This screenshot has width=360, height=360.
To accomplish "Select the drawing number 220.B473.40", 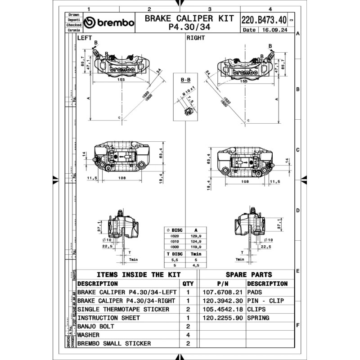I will pyautogui.click(x=264, y=20).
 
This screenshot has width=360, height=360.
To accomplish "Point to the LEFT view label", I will pyautogui.click(x=85, y=38).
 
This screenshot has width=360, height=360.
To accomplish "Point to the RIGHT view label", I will pyautogui.click(x=196, y=38).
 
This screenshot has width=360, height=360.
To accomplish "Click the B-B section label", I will pyautogui.click(x=185, y=80).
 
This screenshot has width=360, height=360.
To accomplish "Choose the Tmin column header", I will pyautogui.click(x=195, y=254).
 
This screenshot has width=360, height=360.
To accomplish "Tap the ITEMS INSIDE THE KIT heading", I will pyautogui.click(x=139, y=274).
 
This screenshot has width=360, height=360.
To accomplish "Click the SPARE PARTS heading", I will pyautogui.click(x=248, y=274).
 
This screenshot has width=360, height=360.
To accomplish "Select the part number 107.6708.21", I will pyautogui.click(x=223, y=292).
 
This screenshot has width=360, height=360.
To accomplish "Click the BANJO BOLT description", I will pyautogui.click(x=96, y=326).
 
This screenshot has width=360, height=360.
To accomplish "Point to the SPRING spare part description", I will pyautogui.click(x=258, y=318).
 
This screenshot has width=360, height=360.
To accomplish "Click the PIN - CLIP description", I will pyautogui.click(x=265, y=301).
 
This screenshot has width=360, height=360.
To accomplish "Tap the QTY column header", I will pyautogui.click(x=187, y=283).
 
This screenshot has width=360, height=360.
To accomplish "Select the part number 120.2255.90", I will pyautogui.click(x=223, y=318).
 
